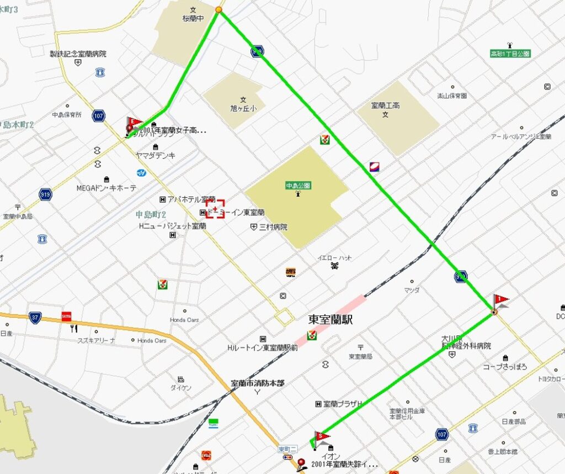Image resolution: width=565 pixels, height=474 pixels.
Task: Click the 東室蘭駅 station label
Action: point(330,319)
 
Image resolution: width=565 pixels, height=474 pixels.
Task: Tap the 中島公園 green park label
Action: point(297,186)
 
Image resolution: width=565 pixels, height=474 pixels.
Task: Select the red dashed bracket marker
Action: point(215,209)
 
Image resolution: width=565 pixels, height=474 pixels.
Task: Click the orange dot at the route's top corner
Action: point(219,10)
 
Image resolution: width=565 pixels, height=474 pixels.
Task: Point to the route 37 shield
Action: point(35,317)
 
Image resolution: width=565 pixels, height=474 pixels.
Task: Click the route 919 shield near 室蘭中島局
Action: point(46,194)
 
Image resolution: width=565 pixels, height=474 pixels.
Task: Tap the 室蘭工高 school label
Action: point(385,105)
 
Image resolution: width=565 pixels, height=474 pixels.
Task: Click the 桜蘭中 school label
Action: point(193,18)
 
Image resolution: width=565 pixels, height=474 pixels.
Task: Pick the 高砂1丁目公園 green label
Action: point(510,54)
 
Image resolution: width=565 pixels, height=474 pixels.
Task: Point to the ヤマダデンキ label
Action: point(156,156)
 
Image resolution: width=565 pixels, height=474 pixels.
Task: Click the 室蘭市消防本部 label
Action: point(257,382)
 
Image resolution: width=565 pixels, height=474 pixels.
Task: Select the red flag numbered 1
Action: point(500,301)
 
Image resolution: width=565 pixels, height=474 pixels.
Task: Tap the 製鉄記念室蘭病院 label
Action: point(78,54)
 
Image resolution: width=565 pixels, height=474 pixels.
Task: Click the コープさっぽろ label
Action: point(505,366)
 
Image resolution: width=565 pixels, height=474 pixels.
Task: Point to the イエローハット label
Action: point(335,258)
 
